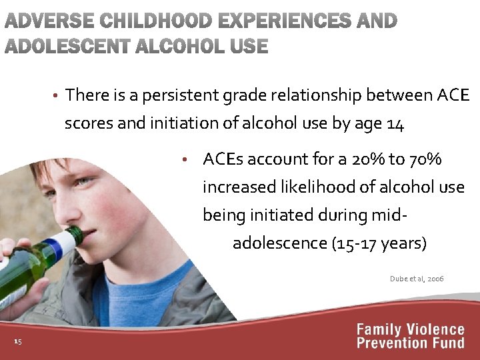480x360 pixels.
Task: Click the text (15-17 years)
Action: point(379,243)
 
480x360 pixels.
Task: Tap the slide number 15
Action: point(17,342)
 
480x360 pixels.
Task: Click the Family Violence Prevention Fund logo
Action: point(410,336)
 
